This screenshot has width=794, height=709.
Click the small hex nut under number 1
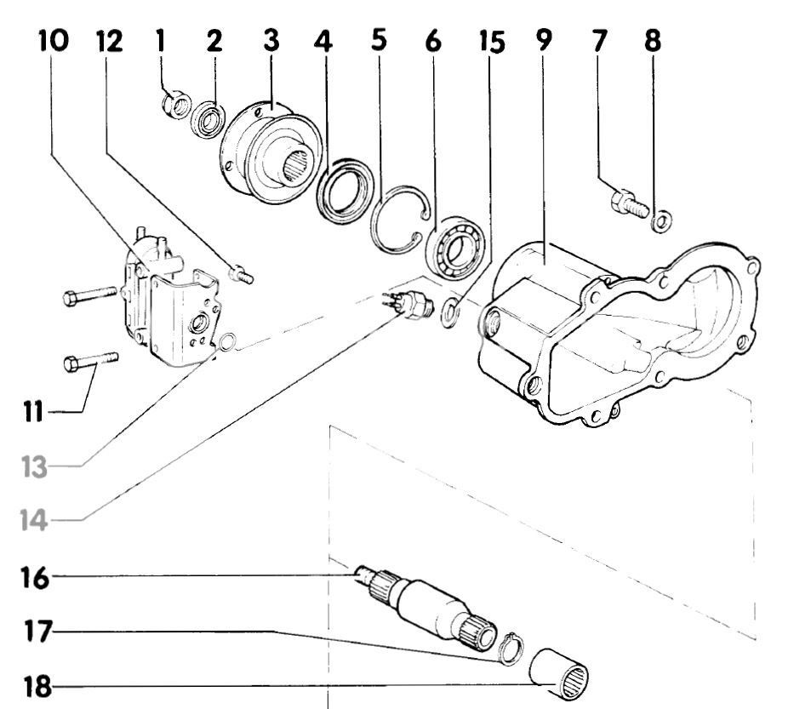[174, 106]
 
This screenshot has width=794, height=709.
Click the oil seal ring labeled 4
[345, 192]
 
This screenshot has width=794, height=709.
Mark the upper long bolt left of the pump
[89, 297]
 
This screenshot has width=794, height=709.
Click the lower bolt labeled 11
[90, 362]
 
